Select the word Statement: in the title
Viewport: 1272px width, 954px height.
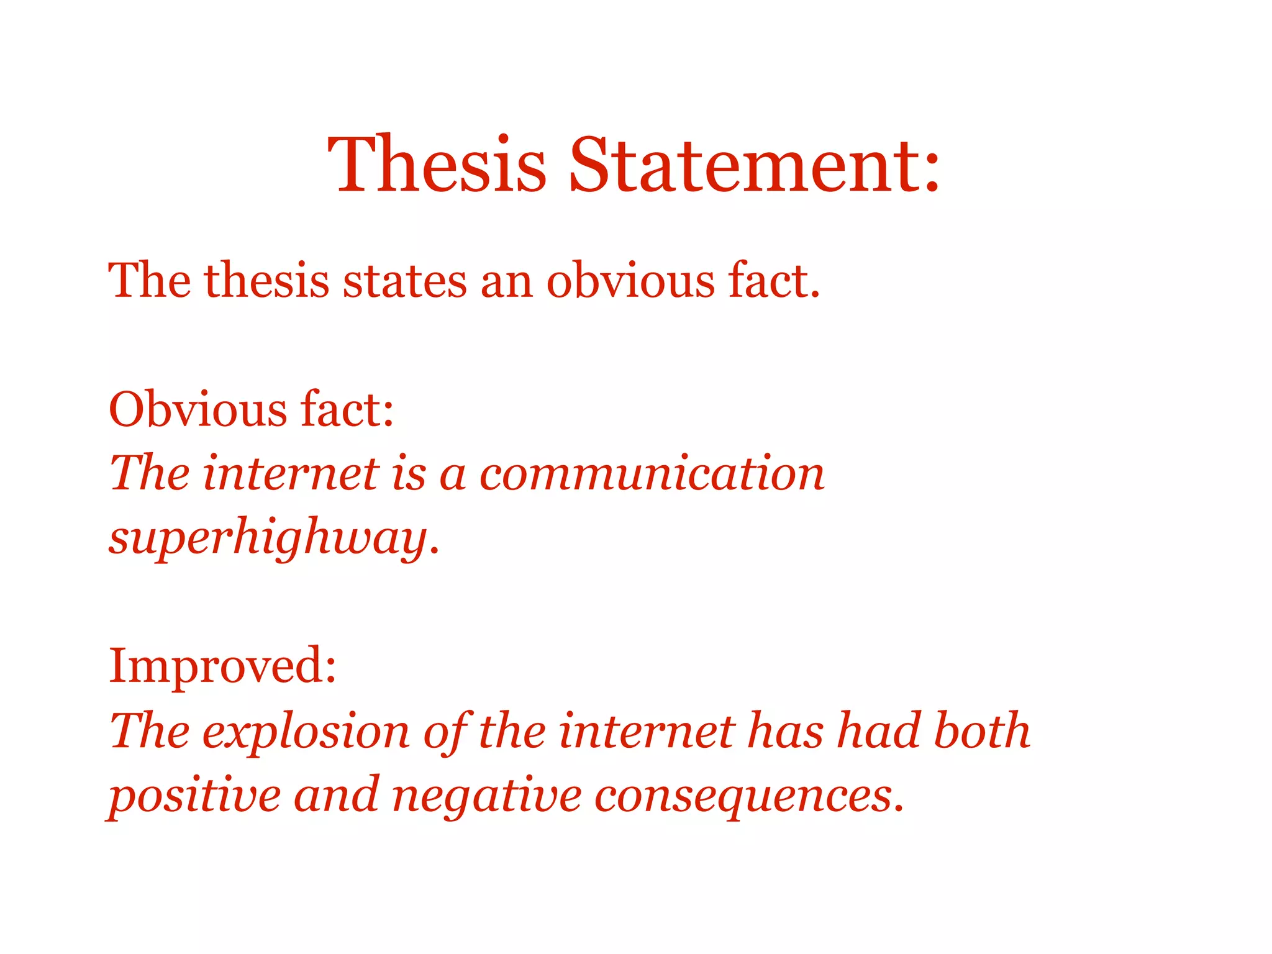[x=754, y=165]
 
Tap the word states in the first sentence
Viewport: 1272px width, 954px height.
[x=404, y=281]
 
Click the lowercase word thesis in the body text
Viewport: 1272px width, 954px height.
[x=266, y=281]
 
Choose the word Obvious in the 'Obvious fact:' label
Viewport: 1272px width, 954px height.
[x=198, y=410]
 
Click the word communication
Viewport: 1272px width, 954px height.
[x=652, y=474]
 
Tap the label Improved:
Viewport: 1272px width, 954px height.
[x=222, y=666]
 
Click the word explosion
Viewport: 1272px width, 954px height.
[x=306, y=732]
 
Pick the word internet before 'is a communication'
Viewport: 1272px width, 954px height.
[x=291, y=474]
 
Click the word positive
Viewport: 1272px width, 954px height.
[x=194, y=797]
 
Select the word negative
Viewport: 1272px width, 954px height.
[x=487, y=797]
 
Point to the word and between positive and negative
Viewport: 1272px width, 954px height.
[x=336, y=796]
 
